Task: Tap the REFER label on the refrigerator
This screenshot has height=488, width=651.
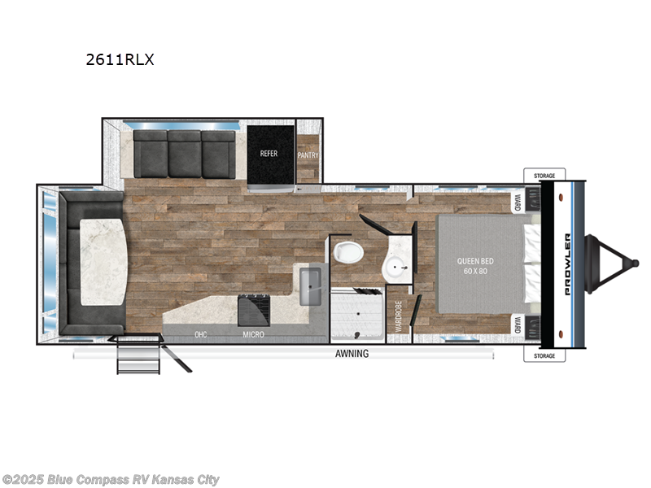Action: click(269, 153)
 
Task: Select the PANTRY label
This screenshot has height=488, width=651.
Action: click(308, 155)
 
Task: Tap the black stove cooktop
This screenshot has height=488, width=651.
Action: click(253, 310)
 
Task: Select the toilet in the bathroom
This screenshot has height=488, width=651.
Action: click(347, 251)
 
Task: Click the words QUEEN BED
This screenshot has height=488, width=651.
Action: click(475, 261)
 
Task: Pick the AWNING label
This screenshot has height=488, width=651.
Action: click(352, 354)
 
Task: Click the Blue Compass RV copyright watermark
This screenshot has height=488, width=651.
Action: click(111, 480)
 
